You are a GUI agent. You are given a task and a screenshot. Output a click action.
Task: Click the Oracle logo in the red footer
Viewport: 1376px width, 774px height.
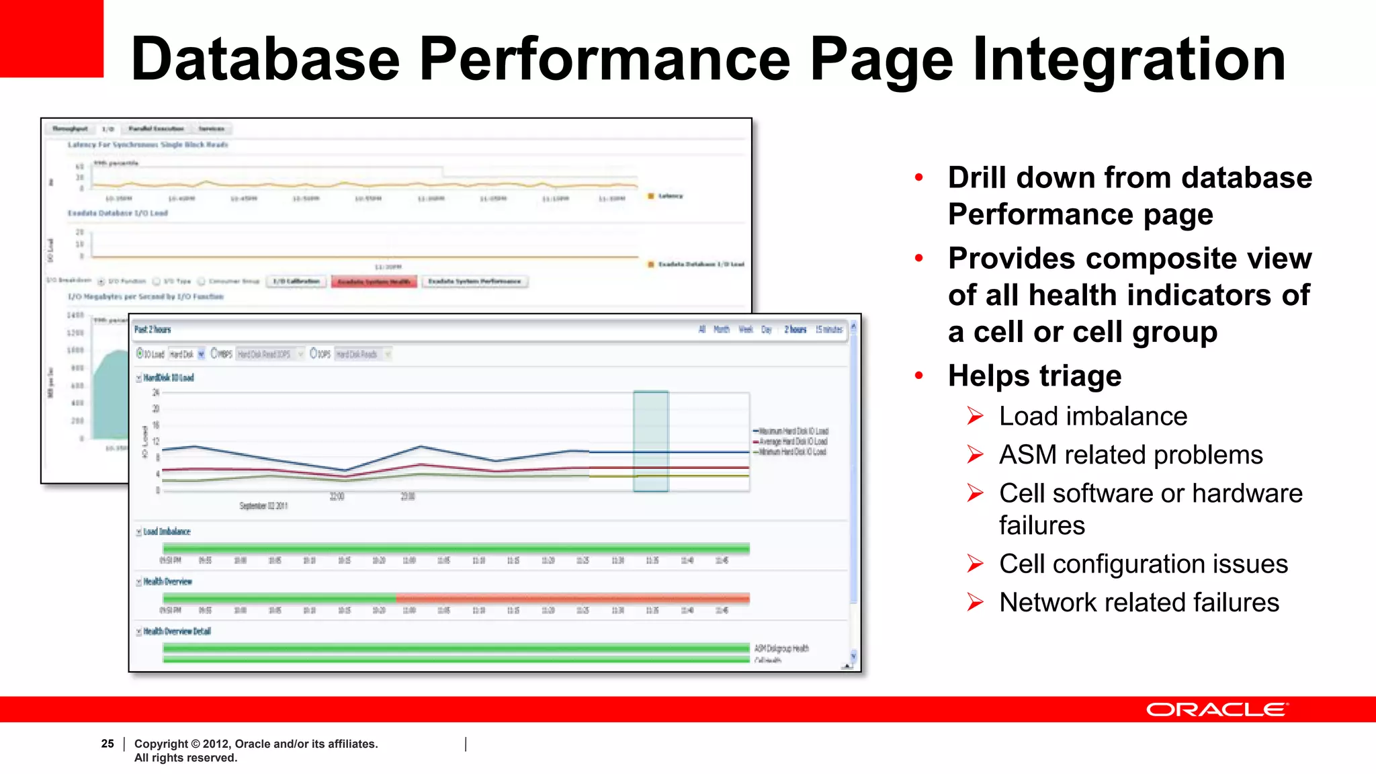click(x=1217, y=709)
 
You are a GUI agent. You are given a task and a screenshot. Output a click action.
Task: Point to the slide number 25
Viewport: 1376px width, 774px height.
click(x=107, y=743)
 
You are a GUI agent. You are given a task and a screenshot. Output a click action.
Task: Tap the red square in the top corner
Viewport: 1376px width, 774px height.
click(x=51, y=38)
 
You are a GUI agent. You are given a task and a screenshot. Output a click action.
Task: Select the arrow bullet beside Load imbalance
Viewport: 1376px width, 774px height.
click(x=975, y=416)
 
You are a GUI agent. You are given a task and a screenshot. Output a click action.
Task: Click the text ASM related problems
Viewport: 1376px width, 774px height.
click(x=1131, y=455)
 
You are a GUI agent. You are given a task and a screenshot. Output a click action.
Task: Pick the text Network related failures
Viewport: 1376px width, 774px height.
click(x=1139, y=602)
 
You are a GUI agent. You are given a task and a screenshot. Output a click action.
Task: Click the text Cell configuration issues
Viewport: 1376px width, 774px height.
click(x=1143, y=564)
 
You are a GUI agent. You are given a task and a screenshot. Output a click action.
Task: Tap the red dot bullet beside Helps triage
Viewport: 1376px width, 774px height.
click(x=919, y=376)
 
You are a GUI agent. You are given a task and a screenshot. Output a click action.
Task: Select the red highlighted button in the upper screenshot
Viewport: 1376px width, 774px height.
click(x=374, y=282)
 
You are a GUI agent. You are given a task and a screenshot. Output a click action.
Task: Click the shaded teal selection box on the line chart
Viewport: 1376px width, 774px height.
click(x=650, y=441)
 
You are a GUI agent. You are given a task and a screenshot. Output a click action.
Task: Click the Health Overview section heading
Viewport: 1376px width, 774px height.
click(x=167, y=581)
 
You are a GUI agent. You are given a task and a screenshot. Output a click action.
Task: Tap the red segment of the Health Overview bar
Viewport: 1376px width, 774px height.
click(x=571, y=598)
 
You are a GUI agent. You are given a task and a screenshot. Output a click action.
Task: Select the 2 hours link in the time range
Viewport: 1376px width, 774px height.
click(x=795, y=329)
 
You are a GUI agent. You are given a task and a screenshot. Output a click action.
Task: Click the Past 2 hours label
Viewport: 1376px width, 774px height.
click(x=153, y=329)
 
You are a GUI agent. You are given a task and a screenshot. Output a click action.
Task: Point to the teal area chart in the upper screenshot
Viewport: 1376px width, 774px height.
click(x=111, y=396)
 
